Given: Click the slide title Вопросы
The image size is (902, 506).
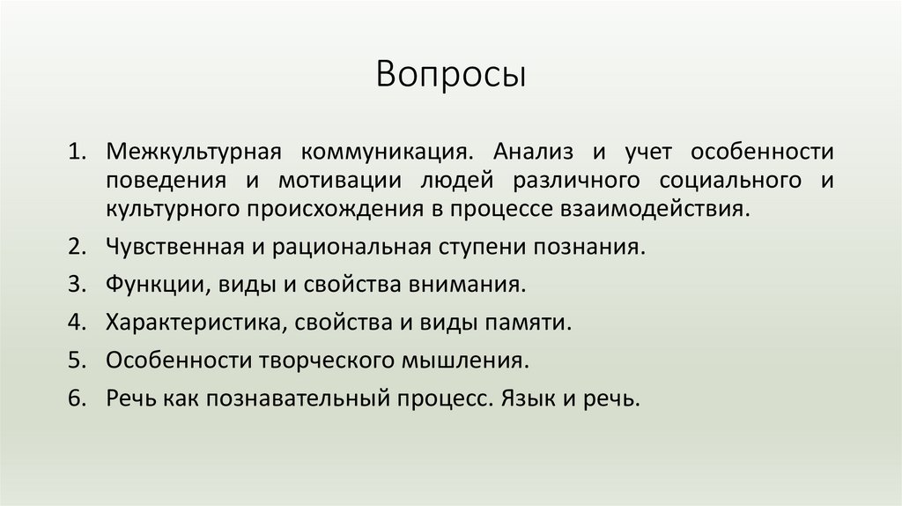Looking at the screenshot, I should [451, 75].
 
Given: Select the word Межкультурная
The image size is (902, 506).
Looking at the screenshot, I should [193, 151].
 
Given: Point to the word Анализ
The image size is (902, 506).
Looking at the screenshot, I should [531, 151].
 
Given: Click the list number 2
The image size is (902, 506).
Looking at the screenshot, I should [77, 248].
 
